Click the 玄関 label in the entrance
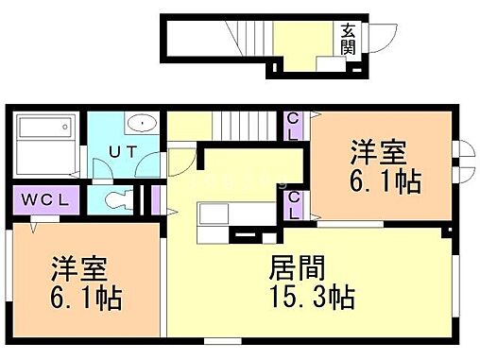point(349,40)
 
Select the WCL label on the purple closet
point(40,200)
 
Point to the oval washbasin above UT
point(143,122)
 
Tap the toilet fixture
point(116,199)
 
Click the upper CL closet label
point(294,126)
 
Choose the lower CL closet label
point(294,204)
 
